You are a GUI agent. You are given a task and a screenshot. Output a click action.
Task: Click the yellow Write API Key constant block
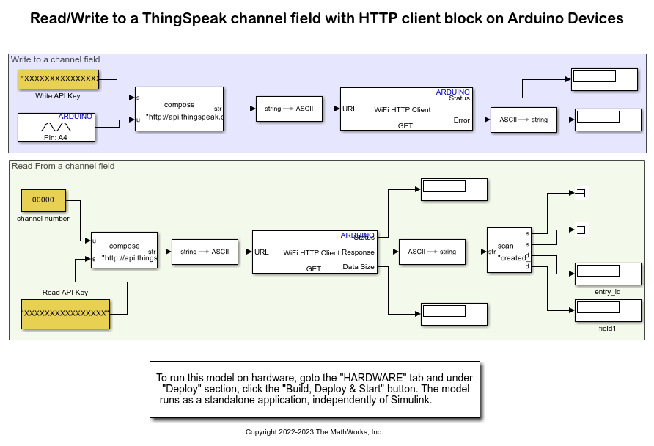click(58, 79)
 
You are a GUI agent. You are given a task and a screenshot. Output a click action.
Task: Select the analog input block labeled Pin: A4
click(57, 126)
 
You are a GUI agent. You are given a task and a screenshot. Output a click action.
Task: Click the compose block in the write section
click(179, 109)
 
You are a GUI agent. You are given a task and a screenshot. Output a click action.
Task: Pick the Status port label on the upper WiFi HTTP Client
click(459, 98)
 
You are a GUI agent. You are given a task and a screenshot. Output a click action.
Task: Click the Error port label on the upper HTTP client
click(461, 120)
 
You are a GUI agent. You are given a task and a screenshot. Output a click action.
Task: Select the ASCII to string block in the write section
click(523, 120)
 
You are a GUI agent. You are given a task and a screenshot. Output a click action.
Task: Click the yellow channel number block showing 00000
click(43, 200)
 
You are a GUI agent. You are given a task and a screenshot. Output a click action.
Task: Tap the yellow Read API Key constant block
click(65, 313)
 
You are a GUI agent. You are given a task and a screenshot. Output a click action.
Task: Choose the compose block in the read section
click(124, 251)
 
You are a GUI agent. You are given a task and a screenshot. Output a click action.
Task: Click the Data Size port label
click(359, 267)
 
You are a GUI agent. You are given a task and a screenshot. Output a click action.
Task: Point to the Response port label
click(359, 252)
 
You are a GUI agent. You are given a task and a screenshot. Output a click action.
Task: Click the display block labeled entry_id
click(607, 273)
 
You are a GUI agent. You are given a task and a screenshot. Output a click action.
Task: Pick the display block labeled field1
click(607, 311)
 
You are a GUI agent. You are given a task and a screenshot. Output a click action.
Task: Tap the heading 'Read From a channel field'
click(63, 166)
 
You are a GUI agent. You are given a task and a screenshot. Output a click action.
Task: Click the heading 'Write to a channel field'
click(56, 59)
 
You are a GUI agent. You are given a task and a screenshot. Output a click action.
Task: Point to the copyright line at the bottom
click(314, 432)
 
